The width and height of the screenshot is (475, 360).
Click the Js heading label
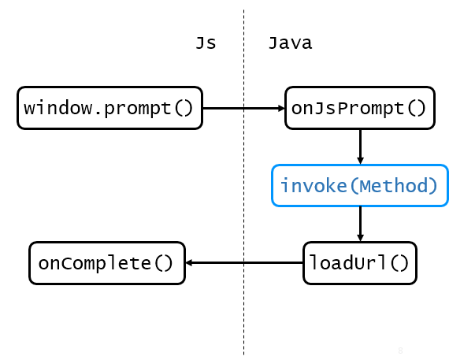(x=206, y=43)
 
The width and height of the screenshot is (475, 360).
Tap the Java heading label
(x=290, y=43)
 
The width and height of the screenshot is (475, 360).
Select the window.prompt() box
(x=109, y=107)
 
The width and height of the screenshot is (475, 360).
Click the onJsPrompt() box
(x=359, y=107)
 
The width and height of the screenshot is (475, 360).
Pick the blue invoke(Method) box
(x=360, y=186)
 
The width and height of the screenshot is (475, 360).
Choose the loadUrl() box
(x=359, y=262)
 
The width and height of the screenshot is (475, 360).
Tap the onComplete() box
(x=106, y=262)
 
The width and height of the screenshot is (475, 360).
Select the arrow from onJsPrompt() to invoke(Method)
(x=360, y=145)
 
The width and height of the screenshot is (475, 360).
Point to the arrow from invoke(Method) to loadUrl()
(x=360, y=222)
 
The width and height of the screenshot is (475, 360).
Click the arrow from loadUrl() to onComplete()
(x=244, y=262)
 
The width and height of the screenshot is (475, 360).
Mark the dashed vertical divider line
(x=243, y=315)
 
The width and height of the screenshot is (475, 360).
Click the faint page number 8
(x=400, y=349)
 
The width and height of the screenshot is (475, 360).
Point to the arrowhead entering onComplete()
(x=190, y=262)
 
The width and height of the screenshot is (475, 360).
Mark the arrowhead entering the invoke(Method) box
(x=360, y=160)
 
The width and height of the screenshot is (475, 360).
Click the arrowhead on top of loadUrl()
(x=360, y=237)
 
